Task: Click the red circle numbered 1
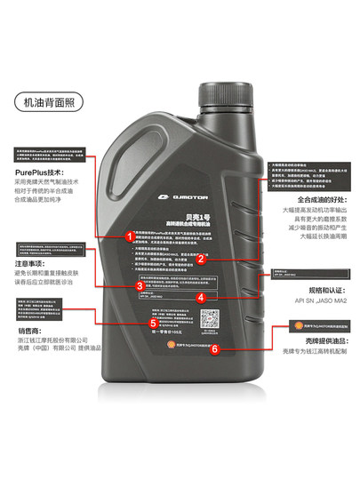(x=130, y=236)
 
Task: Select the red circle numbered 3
(x=139, y=286)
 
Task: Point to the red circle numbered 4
(x=201, y=298)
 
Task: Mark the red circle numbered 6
(x=213, y=348)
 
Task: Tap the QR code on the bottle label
(x=209, y=318)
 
